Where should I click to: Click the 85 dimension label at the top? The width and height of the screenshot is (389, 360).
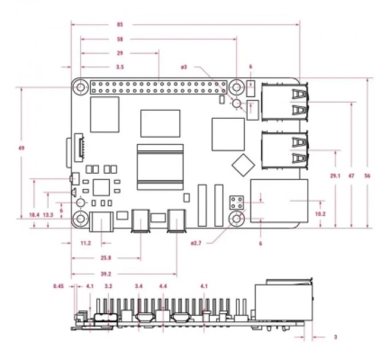coord(119,24)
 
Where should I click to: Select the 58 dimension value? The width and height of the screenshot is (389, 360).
coord(119,39)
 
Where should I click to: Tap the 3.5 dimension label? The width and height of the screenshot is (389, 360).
coord(120,67)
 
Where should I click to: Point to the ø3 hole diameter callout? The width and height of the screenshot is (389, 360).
coord(184,67)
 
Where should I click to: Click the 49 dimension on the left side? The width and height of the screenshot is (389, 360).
coord(21,148)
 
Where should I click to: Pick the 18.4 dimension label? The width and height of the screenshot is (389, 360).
coord(34,214)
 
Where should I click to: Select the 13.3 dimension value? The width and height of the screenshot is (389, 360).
coord(48,214)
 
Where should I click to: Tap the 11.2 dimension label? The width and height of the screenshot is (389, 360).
coord(86,243)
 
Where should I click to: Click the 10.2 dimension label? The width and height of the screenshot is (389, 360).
coord(320,214)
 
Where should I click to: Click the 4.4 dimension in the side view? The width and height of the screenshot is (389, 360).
coord(163,286)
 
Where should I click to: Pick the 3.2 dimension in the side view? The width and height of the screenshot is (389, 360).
coord(108,286)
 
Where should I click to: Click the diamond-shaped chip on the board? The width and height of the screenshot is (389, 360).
coord(242,164)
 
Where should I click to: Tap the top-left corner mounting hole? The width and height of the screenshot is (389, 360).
coord(81,87)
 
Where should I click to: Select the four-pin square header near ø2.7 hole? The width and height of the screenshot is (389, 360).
coord(237,202)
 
